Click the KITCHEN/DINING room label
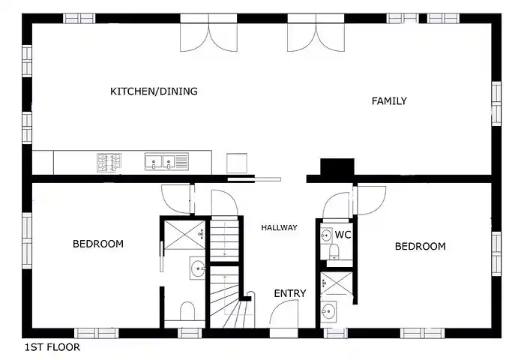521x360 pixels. coord(154,91)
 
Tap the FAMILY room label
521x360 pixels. coord(389,100)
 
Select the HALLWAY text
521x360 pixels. coord(279,228)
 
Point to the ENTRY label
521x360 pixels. coord(290,293)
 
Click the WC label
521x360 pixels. coord(343,235)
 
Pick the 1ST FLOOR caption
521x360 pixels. coord(52,347)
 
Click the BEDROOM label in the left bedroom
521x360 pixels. coord(98,244)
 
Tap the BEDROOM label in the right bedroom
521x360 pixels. coord(421,246)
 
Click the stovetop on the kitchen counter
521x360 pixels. coord(109,163)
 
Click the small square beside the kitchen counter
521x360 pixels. coord(237,163)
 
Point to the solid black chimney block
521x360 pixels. coord(337,166)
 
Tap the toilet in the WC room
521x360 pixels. coord(334,251)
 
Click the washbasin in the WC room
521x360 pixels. coord(326,235)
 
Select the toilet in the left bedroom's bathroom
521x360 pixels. coord(187,311)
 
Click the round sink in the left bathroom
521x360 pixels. coord(198,268)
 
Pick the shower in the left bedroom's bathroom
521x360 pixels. coord(185,235)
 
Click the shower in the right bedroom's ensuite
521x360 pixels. coord(337,283)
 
